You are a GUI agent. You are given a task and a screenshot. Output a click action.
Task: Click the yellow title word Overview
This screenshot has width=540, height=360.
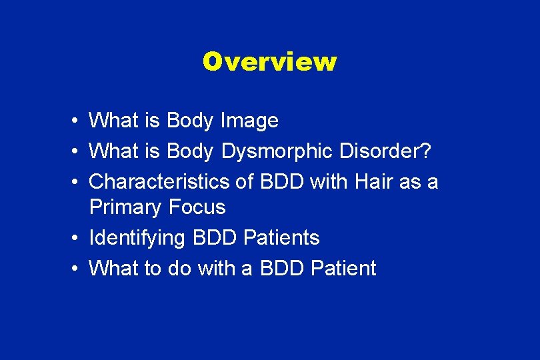[x=270, y=61]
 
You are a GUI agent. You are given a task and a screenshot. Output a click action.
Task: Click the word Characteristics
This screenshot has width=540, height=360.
[x=161, y=181]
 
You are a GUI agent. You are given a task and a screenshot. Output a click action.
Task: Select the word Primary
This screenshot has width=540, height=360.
[x=125, y=208]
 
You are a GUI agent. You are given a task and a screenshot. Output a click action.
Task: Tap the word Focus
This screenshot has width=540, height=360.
[x=197, y=207]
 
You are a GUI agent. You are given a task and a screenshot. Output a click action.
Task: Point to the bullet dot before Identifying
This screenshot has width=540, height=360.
[x=77, y=238]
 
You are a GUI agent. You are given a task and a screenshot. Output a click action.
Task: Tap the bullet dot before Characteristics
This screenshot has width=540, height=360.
[x=77, y=181]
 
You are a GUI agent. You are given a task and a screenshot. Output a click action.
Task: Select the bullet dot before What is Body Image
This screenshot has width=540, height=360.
[x=77, y=121]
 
